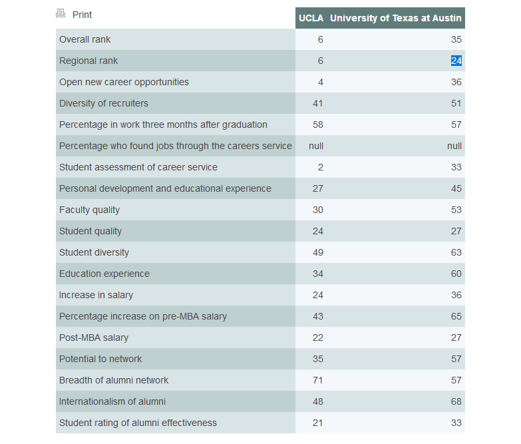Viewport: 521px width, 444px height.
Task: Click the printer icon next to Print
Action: (61, 13)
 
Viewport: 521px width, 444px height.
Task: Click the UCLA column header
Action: (311, 18)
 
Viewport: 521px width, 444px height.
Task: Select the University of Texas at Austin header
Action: (396, 18)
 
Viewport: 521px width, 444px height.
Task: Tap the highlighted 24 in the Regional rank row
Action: (456, 61)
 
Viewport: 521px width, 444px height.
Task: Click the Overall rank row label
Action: (85, 39)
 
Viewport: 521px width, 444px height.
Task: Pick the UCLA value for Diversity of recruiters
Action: (318, 103)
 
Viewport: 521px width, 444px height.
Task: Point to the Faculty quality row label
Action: (90, 210)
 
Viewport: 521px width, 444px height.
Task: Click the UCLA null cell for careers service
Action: (316, 146)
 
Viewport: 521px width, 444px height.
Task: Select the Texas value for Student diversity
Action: (456, 252)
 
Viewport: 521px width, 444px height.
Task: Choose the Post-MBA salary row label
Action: (94, 337)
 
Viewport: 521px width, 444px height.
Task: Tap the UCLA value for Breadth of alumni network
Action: (318, 380)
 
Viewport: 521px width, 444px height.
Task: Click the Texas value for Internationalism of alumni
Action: (456, 401)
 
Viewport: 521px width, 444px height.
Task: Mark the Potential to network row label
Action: (100, 359)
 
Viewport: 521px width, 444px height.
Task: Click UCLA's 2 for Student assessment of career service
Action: (321, 167)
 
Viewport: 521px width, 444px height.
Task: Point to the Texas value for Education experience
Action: (456, 274)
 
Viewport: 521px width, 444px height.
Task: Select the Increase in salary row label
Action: (96, 295)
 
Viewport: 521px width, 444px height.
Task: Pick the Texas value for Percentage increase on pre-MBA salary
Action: (456, 316)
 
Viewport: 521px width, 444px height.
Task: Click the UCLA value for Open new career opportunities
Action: (321, 82)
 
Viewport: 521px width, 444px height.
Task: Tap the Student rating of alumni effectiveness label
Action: (138, 423)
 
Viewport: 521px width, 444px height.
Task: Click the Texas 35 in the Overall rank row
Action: (456, 39)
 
